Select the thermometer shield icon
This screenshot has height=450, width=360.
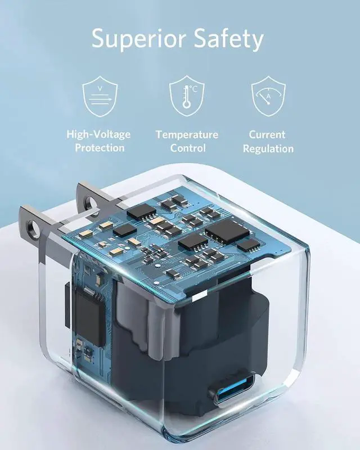(187, 96)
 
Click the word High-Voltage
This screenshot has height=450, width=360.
(99, 134)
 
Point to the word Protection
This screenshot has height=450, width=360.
(100, 148)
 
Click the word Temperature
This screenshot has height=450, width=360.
(187, 135)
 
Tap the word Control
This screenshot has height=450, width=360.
(187, 148)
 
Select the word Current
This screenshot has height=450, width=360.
(268, 135)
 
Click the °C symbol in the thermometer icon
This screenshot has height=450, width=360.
(194, 89)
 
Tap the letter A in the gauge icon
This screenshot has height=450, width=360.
(269, 97)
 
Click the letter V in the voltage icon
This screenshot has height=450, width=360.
(100, 89)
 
